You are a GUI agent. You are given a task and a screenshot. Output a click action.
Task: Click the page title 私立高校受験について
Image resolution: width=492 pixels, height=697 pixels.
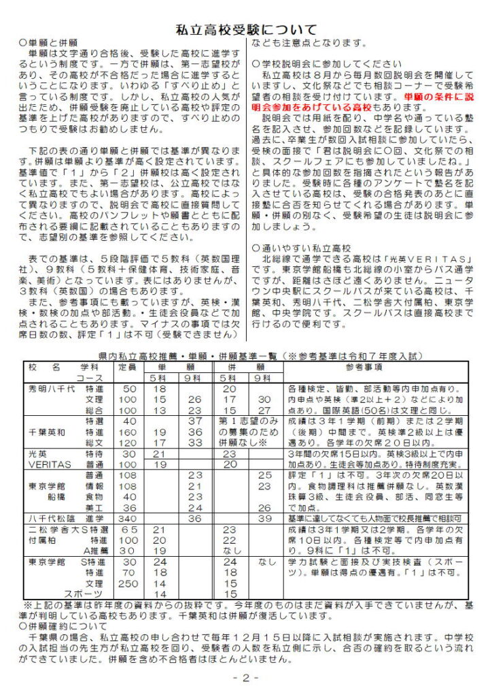(x=246, y=29)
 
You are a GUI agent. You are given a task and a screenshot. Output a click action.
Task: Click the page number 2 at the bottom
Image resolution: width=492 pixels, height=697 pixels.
(x=246, y=679)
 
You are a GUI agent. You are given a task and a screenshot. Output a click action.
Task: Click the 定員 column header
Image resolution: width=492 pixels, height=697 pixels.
(x=127, y=367)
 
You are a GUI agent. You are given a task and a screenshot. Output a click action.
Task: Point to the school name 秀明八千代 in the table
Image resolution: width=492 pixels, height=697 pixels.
(x=51, y=389)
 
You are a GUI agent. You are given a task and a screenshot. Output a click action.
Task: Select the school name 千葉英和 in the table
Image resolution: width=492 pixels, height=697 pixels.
(x=47, y=432)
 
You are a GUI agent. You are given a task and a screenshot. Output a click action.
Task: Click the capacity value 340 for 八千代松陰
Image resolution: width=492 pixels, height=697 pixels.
(x=127, y=519)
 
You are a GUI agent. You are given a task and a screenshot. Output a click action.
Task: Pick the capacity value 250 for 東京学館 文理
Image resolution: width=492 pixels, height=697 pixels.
(x=127, y=584)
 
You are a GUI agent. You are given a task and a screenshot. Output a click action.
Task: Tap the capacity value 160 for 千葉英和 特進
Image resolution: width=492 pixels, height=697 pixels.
(x=127, y=432)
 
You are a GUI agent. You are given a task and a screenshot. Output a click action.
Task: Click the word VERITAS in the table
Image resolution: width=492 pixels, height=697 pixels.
(x=50, y=464)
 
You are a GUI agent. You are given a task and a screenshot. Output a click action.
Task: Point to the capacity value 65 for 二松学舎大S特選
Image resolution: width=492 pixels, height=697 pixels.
(x=128, y=530)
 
